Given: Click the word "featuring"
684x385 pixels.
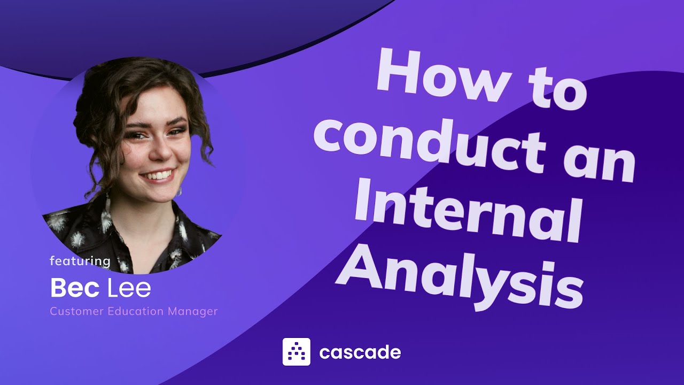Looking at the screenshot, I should tap(80, 261).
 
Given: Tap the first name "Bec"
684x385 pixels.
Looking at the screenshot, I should tap(75, 289).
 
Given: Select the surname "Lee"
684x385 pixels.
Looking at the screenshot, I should tap(129, 289).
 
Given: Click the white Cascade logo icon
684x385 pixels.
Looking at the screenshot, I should tap(296, 352).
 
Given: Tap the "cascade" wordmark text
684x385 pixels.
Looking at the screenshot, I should tap(360, 352).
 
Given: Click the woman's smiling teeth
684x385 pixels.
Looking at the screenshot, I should tap(159, 175).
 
